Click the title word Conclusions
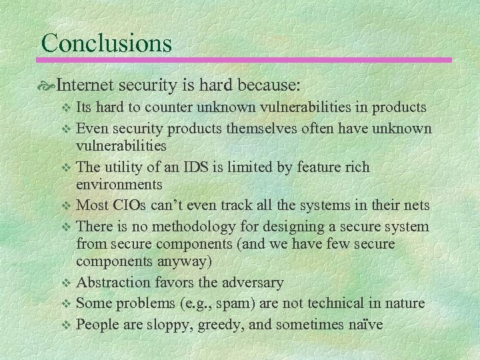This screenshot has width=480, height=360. point(107,43)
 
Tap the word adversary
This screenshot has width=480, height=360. point(253,283)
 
